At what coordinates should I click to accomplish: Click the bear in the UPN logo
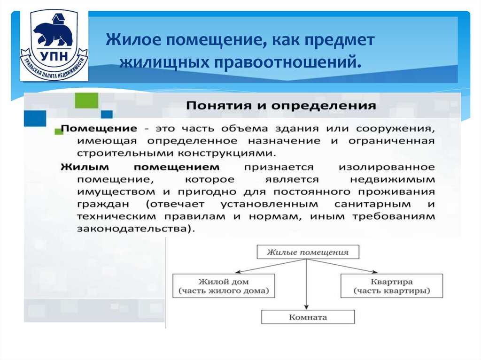coord(53,33)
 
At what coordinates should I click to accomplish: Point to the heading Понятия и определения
coord(281,105)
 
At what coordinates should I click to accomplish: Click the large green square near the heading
coord(86,100)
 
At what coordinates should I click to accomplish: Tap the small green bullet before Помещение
coord(59,131)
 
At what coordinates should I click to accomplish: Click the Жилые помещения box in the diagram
coord(308,252)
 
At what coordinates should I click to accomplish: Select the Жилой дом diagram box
coord(223,286)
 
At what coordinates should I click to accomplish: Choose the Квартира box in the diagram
coord(391,286)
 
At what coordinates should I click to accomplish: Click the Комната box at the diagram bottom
coord(308,317)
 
